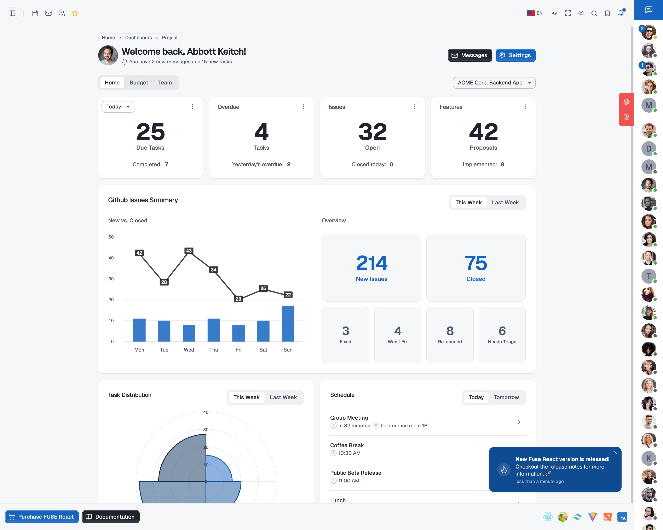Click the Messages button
click(469, 55)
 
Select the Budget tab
click(139, 83)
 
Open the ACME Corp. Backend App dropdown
click(494, 83)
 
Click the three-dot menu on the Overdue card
click(304, 107)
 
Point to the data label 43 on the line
click(189, 251)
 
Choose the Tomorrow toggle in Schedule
click(506, 397)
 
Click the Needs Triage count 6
click(502, 331)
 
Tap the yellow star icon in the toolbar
click(75, 13)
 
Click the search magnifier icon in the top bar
click(594, 13)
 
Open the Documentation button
click(111, 517)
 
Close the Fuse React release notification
click(615, 453)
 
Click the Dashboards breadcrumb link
click(138, 37)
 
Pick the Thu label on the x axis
click(213, 350)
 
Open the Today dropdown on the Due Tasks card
click(118, 107)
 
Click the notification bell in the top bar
click(621, 13)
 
